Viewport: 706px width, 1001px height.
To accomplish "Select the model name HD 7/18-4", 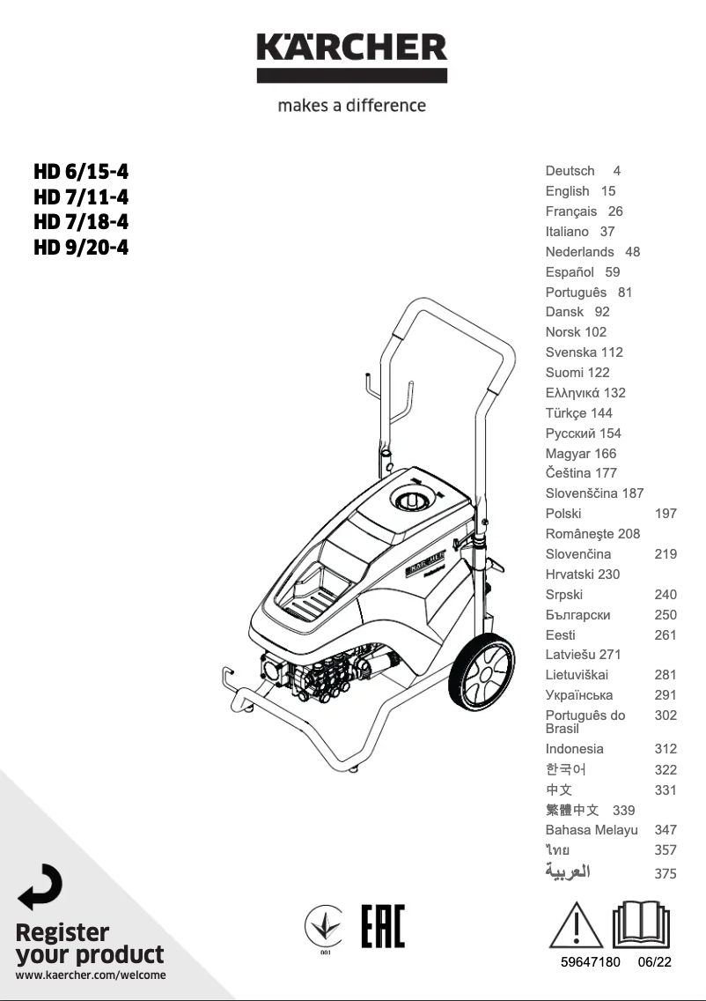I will coord(81,221).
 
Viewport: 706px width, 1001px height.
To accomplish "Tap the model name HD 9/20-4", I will coord(81,247).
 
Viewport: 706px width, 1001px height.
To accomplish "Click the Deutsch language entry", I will coord(570,171).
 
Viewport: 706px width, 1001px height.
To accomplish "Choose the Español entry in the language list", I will coord(570,272).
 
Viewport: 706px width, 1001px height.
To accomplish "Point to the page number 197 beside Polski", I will coord(666,514).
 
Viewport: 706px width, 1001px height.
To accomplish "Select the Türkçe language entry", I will coord(568,413).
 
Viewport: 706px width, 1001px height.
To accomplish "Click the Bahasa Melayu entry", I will coord(592,830).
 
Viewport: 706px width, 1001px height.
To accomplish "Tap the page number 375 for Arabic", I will coord(666,874).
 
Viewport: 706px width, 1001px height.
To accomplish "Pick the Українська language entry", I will coord(579,695).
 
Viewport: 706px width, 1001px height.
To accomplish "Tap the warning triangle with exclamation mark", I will coord(577,925).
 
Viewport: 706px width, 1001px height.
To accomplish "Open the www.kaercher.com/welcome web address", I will coord(91,975).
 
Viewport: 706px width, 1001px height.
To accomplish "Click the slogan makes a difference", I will coord(351,106).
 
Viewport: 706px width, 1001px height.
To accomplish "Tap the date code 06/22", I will coord(655,962).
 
